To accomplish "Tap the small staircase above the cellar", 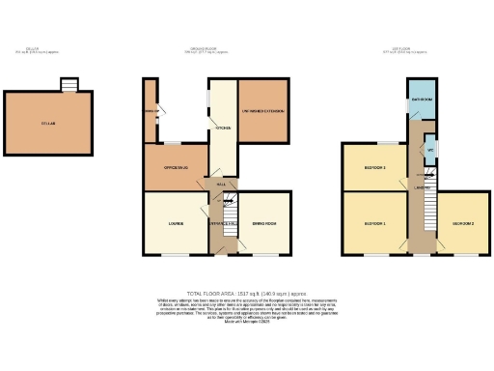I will click(69, 85).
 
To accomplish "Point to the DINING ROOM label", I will click(265, 224).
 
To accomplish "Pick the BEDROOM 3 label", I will click(375, 168).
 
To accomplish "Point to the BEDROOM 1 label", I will click(375, 224).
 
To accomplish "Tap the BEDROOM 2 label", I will click(462, 224).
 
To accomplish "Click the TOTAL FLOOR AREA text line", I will click(247, 292).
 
